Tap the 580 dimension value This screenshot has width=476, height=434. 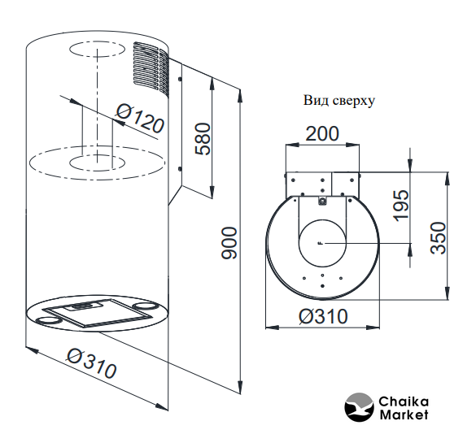click(203, 139)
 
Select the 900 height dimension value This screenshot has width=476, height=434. click(229, 243)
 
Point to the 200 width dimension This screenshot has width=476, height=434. click(321, 133)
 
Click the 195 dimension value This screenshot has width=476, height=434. click(400, 206)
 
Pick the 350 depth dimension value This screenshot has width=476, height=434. click(439, 238)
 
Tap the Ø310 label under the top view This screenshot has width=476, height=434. click(323, 316)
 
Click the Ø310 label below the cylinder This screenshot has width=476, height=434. click(91, 363)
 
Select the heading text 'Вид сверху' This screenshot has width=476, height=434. click(339, 101)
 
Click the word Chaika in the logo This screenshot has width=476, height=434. click(404, 401)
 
